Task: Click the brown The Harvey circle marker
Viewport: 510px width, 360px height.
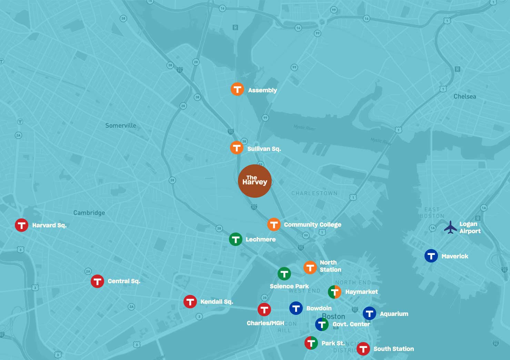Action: coord(255,181)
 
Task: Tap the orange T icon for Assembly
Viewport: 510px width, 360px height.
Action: coord(237,89)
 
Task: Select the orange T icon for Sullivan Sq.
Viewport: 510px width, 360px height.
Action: coord(237,148)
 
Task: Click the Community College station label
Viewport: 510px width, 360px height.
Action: coord(312,225)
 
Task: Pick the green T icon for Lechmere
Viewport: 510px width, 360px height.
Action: coord(236,239)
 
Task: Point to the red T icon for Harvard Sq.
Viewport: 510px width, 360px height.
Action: coord(21,225)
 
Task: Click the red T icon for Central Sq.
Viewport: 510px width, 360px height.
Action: coord(97,281)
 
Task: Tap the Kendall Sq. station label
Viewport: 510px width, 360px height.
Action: coord(217,302)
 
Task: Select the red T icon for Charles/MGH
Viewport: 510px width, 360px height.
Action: coord(264,309)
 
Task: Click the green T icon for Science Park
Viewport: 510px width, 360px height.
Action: coord(284,274)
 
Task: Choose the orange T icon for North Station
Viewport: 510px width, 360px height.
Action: coord(310,267)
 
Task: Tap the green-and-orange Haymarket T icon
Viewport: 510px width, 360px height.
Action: coord(334,292)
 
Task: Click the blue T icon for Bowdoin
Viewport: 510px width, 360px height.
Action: coord(296,308)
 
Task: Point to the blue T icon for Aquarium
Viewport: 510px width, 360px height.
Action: coord(369,313)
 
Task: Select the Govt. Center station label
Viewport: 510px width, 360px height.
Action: coord(351,324)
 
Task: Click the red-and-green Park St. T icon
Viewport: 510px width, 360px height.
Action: coord(311,343)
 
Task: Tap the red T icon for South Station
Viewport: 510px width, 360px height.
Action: coord(363,349)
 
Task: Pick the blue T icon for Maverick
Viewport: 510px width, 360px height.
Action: coord(431,256)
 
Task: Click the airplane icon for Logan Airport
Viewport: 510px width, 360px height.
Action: coord(450,227)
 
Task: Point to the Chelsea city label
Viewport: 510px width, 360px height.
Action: coord(464,96)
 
